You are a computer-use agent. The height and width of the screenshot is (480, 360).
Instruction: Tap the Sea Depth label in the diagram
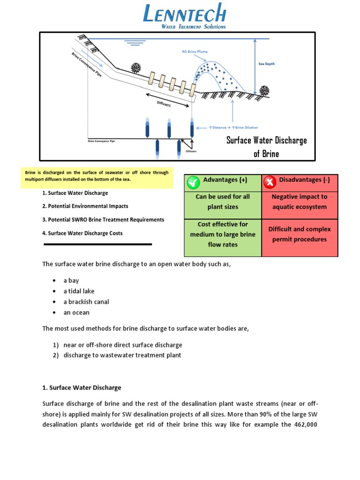(x=267, y=64)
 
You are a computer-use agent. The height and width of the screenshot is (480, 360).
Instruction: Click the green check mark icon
(x=193, y=182)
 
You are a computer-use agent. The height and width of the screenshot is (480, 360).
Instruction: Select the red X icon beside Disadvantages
(x=269, y=182)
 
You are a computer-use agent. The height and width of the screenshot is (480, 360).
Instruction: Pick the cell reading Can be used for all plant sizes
(x=223, y=202)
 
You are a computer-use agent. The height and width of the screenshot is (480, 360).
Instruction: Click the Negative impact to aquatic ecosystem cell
(x=300, y=202)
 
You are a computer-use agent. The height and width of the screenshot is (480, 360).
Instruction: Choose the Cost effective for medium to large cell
(x=223, y=234)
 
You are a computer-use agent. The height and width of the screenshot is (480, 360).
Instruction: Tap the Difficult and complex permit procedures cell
(x=300, y=234)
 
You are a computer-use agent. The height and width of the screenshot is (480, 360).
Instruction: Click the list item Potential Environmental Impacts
(x=85, y=206)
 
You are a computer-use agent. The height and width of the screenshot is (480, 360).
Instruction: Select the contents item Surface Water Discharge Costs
(x=82, y=233)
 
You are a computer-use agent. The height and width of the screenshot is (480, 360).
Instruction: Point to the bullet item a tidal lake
(x=79, y=291)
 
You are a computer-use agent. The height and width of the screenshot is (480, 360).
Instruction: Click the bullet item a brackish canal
(x=86, y=302)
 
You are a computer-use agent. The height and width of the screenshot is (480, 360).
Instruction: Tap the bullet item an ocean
(x=76, y=313)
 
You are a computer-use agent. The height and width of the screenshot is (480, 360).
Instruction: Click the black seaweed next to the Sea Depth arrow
(x=264, y=90)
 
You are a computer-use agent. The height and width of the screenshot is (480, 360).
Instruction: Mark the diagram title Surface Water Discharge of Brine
(x=266, y=147)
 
